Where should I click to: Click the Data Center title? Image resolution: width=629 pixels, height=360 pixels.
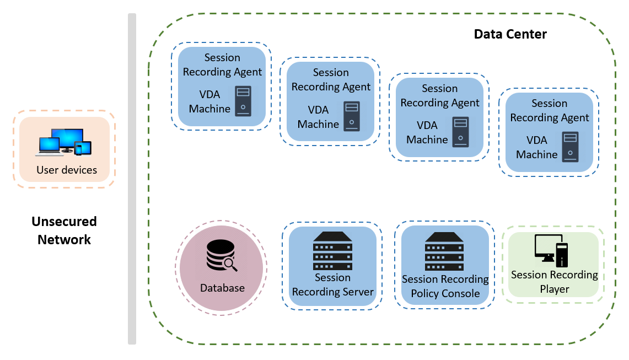(510, 34)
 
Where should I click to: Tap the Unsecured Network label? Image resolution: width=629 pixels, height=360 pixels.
(64, 230)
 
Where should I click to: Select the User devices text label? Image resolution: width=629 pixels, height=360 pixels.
(67, 170)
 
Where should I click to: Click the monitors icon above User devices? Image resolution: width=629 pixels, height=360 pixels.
(65, 141)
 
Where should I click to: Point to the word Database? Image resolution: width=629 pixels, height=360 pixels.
(222, 288)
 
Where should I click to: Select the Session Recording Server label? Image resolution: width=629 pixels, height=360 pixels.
(332, 284)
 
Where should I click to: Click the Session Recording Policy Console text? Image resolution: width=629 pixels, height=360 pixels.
(445, 286)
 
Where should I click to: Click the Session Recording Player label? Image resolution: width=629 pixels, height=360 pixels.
(554, 282)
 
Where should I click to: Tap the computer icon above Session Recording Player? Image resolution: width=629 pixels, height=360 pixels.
(551, 250)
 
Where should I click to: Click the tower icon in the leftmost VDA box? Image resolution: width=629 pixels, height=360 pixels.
(243, 100)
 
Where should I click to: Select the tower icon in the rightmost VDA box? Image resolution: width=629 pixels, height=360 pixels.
(570, 147)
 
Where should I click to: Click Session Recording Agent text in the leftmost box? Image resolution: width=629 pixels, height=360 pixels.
(222, 65)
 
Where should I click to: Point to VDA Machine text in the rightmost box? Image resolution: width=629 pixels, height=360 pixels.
(536, 147)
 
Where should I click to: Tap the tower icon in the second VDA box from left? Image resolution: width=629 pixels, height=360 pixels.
(351, 116)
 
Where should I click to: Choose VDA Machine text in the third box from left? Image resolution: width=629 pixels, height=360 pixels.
(427, 132)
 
